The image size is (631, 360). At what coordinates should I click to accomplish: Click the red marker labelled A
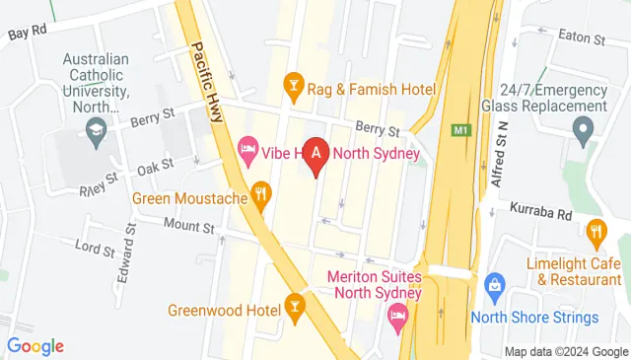pos(315,156)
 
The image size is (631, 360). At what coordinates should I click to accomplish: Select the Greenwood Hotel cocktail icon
pos(293,306)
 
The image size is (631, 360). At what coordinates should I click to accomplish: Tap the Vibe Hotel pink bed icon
pos(247,151)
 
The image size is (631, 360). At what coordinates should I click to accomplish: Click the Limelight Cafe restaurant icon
pos(596,235)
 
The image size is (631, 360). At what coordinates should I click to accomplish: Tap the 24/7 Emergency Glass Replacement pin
pos(582,129)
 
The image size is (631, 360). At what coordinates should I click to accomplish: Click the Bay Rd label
pos(28,33)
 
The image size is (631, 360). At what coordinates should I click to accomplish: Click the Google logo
pos(35,346)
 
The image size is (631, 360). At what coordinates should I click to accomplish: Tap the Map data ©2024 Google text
pos(565,352)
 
